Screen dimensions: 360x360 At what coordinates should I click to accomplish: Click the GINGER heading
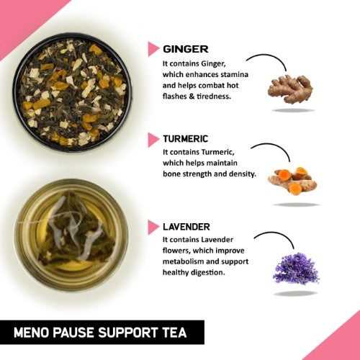tap(186, 49)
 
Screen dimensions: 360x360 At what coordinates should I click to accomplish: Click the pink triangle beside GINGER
tap(153, 49)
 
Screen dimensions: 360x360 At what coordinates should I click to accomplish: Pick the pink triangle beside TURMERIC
tap(153, 138)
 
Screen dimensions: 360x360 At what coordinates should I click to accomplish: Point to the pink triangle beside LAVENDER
tap(153, 227)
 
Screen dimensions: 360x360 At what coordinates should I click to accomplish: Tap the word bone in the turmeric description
tap(174, 173)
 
